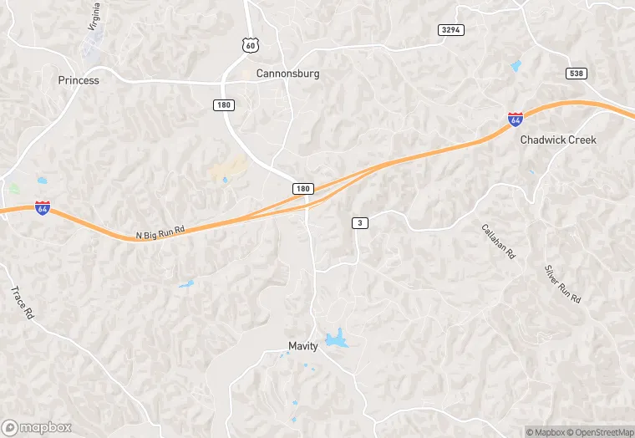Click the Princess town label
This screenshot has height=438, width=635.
pyautogui.click(x=79, y=81)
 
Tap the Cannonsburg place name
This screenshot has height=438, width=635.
pyautogui.click(x=287, y=74)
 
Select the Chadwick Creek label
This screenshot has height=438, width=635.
pyautogui.click(x=558, y=140)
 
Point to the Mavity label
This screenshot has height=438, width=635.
pyautogui.click(x=303, y=346)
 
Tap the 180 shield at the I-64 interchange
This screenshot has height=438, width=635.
pyautogui.click(x=303, y=189)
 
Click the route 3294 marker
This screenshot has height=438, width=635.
pyautogui.click(x=450, y=29)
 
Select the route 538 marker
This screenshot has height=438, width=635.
pyautogui.click(x=576, y=74)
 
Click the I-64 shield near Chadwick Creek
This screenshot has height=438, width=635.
pyautogui.click(x=516, y=120)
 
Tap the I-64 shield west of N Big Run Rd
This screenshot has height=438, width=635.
pyautogui.click(x=42, y=207)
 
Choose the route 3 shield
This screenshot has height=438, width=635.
pyautogui.click(x=359, y=222)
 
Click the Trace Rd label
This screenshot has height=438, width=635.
pyautogui.click(x=21, y=303)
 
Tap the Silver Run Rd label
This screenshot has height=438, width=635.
pyautogui.click(x=561, y=284)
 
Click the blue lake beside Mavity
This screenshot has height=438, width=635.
pyautogui.click(x=337, y=339)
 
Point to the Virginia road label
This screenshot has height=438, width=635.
pyautogui.click(x=94, y=17)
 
